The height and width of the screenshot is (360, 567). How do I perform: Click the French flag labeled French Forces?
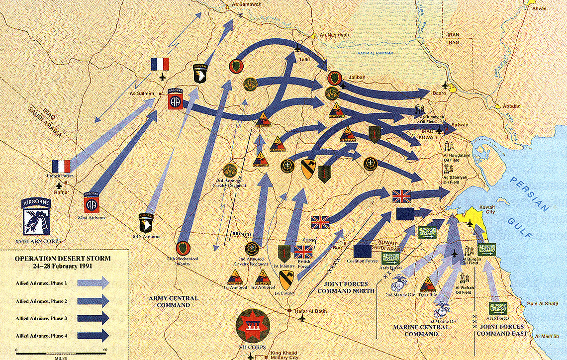[61, 166]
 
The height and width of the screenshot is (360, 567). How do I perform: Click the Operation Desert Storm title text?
[63, 262]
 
